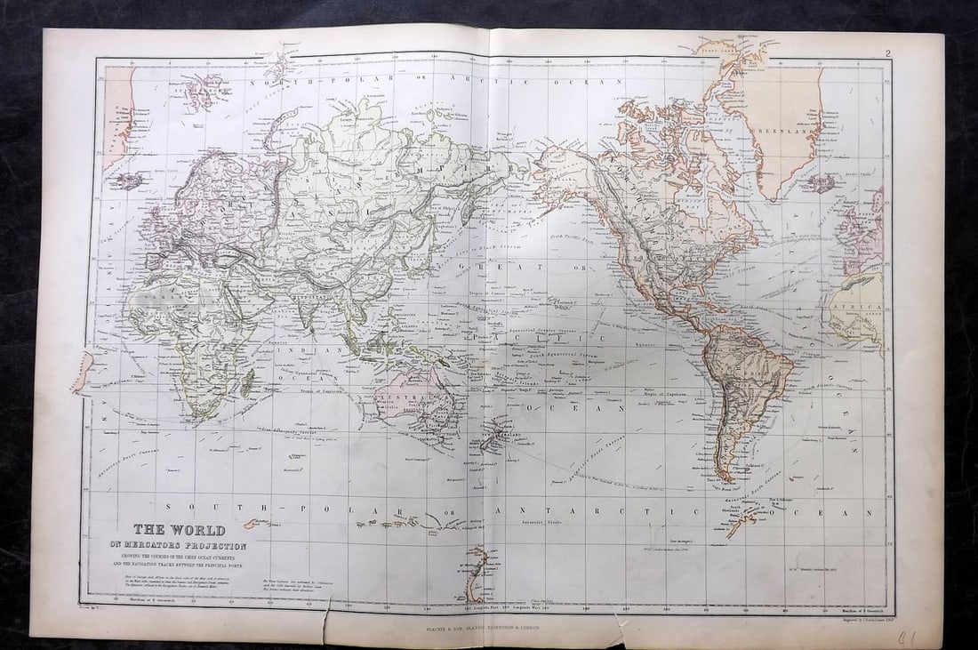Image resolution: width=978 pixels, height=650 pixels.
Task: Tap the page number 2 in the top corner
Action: pyautogui.click(x=887, y=53)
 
